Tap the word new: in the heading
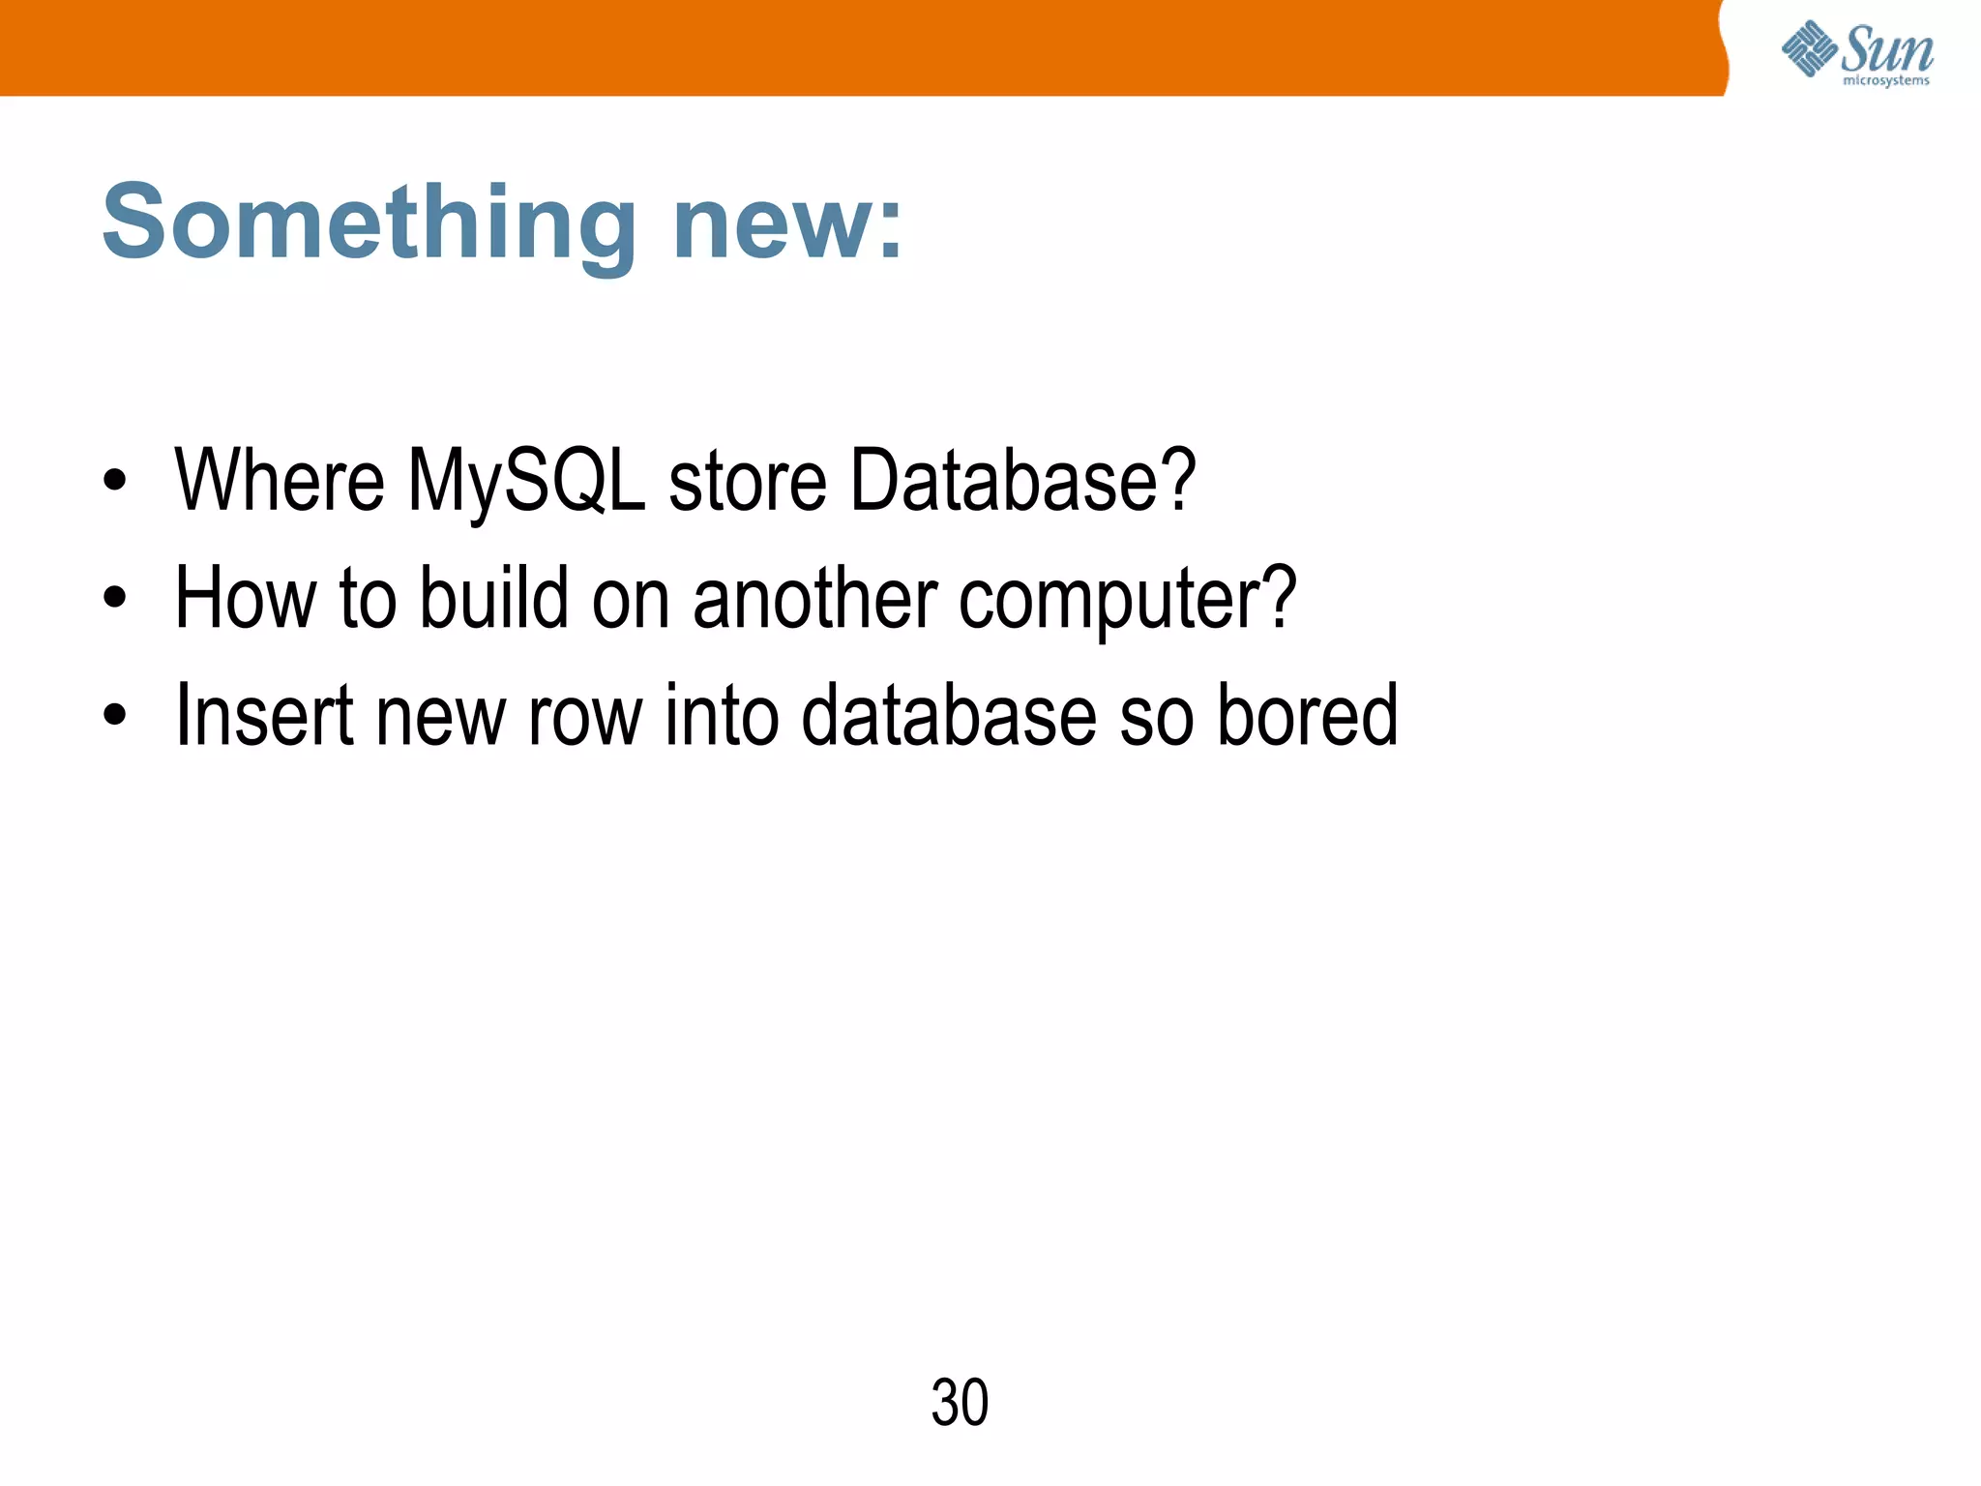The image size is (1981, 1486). point(787,224)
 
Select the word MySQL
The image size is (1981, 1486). point(526,481)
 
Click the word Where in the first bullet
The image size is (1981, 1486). point(280,481)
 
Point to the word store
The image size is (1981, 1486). point(748,481)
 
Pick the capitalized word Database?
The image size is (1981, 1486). point(1022,481)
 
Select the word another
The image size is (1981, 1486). point(814,598)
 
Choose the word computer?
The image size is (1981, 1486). point(1127,598)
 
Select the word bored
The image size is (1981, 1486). point(1307,716)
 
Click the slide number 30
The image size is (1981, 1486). point(960,1403)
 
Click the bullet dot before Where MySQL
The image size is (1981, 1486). point(115,481)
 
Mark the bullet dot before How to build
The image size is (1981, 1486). point(115,598)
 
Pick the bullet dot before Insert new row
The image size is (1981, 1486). point(115,716)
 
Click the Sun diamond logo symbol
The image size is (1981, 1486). point(1809,47)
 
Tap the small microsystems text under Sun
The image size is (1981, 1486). point(1886,81)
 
